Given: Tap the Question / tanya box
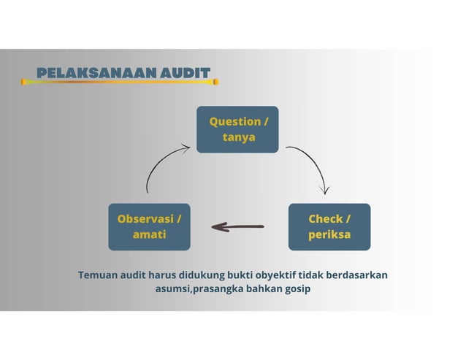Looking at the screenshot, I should [x=237, y=129].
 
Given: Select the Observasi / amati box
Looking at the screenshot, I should [x=149, y=226].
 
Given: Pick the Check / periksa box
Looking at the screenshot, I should [x=329, y=226].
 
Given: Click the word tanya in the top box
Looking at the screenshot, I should [x=238, y=137].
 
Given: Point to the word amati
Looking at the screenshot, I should [x=149, y=234].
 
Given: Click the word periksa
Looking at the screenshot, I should [x=329, y=234].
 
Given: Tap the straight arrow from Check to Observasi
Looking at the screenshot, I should [x=237, y=226].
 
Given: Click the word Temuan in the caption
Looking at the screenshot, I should [x=98, y=275].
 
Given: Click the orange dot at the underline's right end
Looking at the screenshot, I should [x=215, y=82].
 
